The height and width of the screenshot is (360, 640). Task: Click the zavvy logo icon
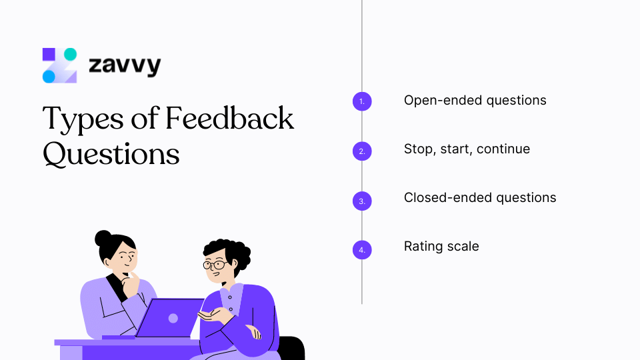click(59, 65)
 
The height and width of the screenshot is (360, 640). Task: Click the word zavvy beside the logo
click(125, 66)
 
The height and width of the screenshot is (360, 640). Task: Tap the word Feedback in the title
click(229, 119)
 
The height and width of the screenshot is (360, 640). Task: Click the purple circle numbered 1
click(361, 101)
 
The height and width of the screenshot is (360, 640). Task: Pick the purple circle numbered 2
click(361, 151)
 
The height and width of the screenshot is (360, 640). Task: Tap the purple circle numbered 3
click(361, 201)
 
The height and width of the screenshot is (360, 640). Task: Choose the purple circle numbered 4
click(361, 250)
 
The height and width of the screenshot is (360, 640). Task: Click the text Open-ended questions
click(475, 101)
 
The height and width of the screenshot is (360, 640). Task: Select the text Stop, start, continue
click(467, 149)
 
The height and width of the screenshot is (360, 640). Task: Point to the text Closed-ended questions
click(479, 198)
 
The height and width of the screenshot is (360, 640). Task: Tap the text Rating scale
click(441, 247)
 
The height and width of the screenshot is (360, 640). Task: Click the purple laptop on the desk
click(170, 318)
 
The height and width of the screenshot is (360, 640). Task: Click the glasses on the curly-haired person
click(215, 265)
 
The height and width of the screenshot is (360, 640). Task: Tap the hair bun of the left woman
click(103, 238)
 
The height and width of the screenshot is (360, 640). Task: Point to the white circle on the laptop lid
click(173, 318)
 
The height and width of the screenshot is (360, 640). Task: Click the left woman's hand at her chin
click(135, 280)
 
